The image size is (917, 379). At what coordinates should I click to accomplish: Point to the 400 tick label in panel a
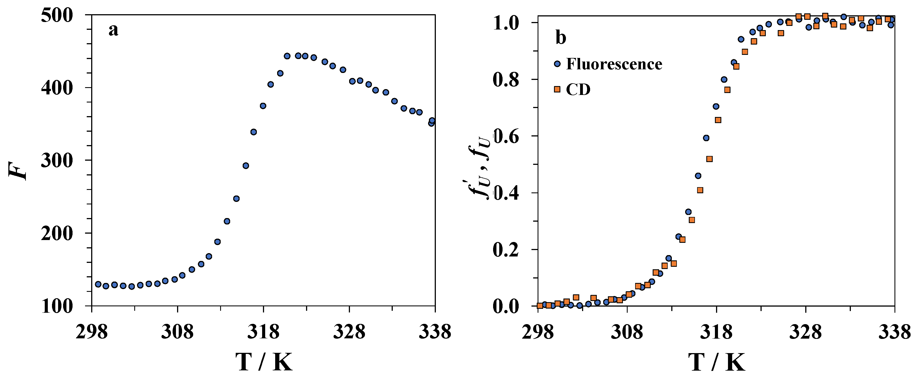click(57, 88)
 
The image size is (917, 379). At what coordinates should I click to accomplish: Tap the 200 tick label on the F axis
click(57, 234)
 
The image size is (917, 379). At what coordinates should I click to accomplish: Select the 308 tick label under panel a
click(177, 332)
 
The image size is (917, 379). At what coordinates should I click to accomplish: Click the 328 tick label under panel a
click(349, 332)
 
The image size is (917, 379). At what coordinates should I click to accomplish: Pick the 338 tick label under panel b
click(894, 332)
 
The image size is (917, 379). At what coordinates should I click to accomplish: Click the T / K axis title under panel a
click(264, 362)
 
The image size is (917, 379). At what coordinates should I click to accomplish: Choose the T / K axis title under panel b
click(716, 362)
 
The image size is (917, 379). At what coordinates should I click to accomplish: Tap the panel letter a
click(113, 30)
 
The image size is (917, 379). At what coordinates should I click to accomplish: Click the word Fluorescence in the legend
click(614, 64)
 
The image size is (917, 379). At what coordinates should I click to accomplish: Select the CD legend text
click(578, 89)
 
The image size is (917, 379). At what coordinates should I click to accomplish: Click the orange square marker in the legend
click(557, 89)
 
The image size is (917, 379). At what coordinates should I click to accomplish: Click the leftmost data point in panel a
click(98, 284)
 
